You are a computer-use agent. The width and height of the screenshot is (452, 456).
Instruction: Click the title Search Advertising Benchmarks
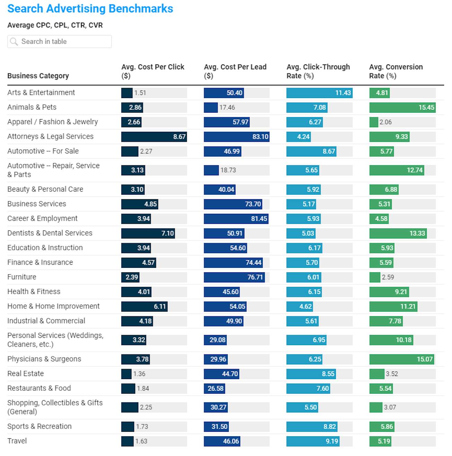(x=90, y=9)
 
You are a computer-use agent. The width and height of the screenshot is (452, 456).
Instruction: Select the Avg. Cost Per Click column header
(x=153, y=71)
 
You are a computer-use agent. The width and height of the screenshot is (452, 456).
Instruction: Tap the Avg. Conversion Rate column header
(x=396, y=71)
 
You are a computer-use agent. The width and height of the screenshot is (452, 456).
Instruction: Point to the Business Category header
(x=38, y=76)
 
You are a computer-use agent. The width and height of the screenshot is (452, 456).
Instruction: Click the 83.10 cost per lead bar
(x=236, y=137)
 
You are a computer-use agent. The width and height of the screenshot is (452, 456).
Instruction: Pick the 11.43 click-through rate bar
(x=319, y=93)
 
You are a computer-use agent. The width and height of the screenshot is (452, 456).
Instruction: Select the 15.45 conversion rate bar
(x=402, y=107)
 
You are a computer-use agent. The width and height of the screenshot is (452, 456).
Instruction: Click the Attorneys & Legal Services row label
(x=50, y=137)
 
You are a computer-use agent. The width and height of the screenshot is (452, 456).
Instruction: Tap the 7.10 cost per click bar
(x=148, y=233)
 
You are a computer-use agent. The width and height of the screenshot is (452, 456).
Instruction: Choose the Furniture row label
(x=22, y=277)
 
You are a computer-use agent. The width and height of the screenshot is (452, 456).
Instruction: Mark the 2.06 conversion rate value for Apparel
(x=385, y=122)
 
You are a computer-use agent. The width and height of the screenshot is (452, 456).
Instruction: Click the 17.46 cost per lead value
(x=227, y=108)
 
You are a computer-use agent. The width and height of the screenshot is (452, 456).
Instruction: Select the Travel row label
(x=17, y=441)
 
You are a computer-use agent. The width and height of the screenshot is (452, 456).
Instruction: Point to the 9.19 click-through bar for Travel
(x=313, y=441)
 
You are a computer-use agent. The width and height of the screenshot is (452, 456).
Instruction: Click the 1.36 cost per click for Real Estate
(x=139, y=374)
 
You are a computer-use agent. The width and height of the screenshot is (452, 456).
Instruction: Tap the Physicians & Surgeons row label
(x=44, y=359)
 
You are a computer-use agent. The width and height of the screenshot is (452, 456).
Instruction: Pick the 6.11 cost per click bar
(x=144, y=307)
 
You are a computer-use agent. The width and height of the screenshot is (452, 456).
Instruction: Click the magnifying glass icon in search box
(x=14, y=42)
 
